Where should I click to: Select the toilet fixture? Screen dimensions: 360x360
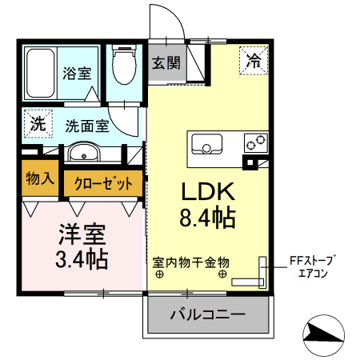(x=124, y=67)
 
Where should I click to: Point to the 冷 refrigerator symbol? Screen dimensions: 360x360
(x=254, y=59)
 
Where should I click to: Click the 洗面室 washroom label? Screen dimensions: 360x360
(x=86, y=126)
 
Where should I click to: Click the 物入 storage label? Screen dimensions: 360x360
(x=40, y=178)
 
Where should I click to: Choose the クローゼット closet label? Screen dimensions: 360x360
(x=104, y=183)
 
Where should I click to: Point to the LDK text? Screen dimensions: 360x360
(x=206, y=192)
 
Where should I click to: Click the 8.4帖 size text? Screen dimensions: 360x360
(x=206, y=218)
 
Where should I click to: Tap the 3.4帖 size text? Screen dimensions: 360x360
(x=82, y=260)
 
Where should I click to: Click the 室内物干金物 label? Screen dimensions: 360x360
(x=191, y=261)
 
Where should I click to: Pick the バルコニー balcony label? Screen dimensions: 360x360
(x=206, y=314)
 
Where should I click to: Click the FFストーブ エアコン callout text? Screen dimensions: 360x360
(x=315, y=266)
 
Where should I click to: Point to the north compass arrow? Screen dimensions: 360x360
(x=325, y=332)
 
